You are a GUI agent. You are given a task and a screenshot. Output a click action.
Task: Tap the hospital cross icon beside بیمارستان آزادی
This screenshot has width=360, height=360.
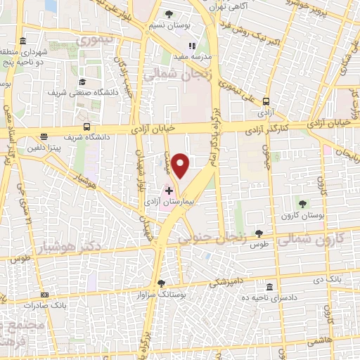[169, 191]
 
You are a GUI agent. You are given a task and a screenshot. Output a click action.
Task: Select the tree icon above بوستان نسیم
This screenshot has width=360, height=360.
[168, 13]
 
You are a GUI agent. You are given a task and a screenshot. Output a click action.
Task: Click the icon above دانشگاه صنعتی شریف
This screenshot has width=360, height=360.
[82, 82]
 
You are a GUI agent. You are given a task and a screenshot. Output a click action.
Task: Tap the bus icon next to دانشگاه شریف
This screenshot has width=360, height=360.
[86, 127]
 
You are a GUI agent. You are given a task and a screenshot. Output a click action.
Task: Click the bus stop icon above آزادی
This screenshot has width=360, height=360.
[266, 101]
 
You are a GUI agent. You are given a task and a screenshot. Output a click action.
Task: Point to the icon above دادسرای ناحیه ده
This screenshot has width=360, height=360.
[270, 287]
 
